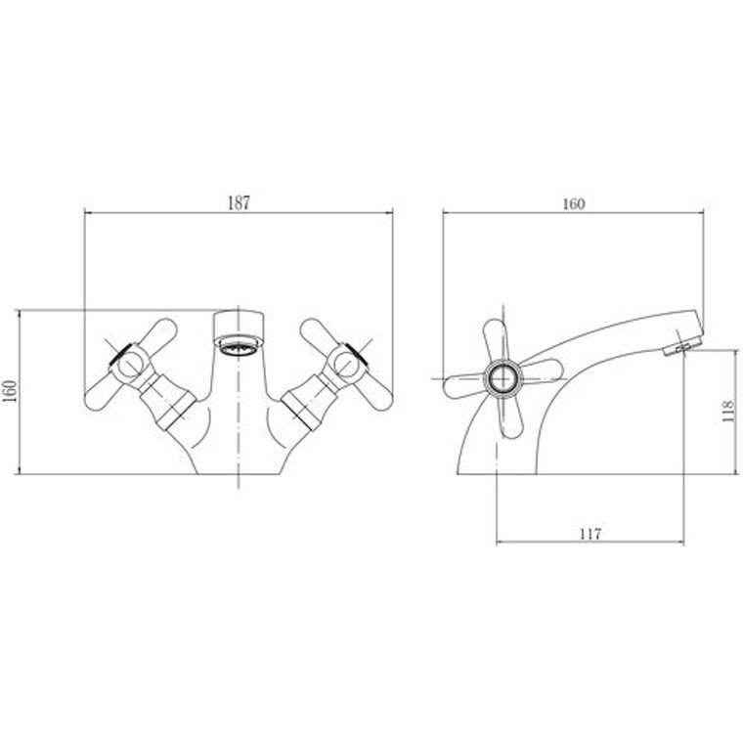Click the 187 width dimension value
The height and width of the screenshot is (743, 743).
tap(239, 202)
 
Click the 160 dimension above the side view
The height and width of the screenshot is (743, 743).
tap(573, 203)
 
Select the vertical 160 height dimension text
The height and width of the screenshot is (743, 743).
tap(10, 391)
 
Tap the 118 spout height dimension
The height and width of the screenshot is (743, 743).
tap(727, 411)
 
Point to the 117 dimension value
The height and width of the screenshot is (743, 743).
tap(590, 534)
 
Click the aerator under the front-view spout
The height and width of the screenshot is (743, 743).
tap(239, 344)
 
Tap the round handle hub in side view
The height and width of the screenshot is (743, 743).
tap(503, 378)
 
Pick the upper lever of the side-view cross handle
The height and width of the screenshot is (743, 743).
tap(496, 339)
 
